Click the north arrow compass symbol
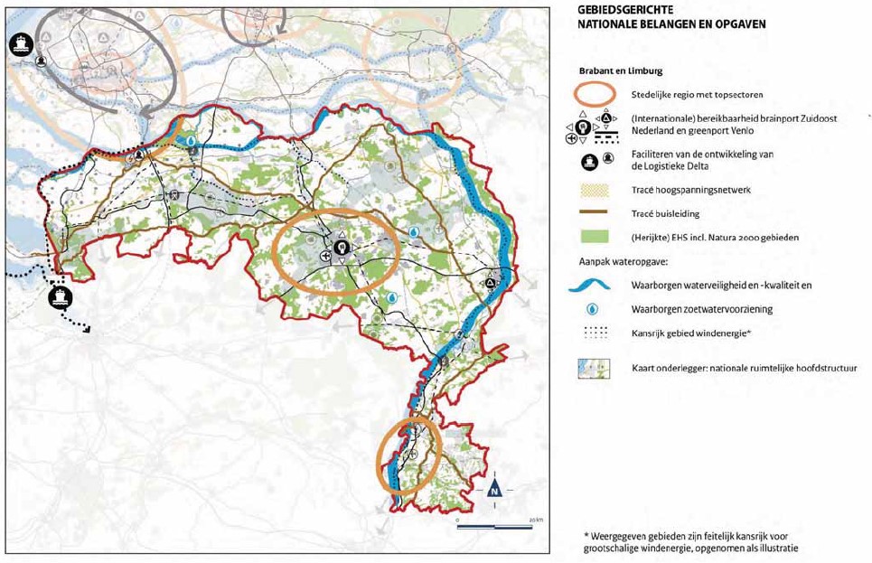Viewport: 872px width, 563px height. click(x=494, y=489)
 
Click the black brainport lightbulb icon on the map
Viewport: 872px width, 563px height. click(x=341, y=246)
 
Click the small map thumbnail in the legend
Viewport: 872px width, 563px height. click(x=595, y=368)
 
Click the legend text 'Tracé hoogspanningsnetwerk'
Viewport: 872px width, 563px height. click(x=691, y=191)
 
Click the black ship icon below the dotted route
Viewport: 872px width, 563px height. click(x=61, y=296)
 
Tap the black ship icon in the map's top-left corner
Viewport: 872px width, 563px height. click(x=20, y=42)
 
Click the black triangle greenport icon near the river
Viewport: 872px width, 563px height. click(x=491, y=283)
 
